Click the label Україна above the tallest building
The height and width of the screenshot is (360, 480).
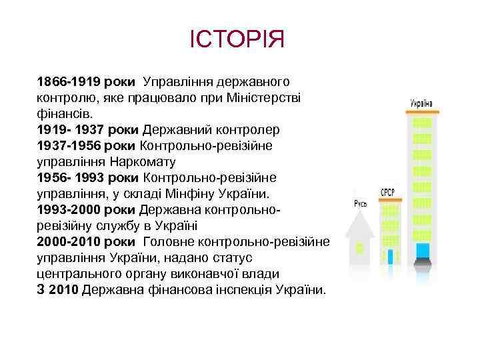[421, 103]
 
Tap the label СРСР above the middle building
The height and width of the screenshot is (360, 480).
[387, 191]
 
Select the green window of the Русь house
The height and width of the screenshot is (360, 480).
[359, 248]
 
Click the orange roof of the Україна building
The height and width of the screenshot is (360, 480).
[421, 113]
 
